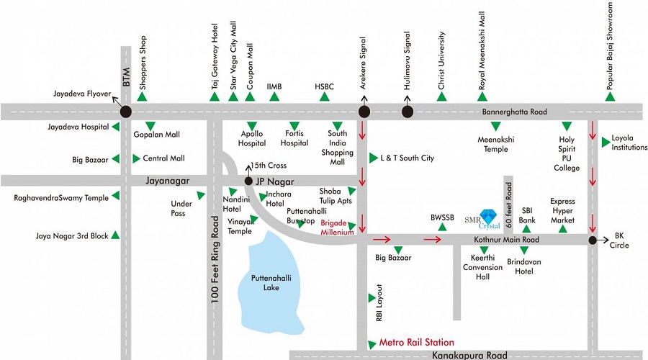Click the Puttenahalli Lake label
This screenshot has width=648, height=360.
(271, 283)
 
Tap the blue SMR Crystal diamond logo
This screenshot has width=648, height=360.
(488, 217)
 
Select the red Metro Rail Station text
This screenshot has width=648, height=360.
(417, 342)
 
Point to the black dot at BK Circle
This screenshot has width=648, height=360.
(593, 240)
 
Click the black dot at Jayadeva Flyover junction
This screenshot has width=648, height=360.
(126, 112)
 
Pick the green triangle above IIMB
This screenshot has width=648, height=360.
(274, 96)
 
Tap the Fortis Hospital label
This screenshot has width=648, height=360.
(294, 138)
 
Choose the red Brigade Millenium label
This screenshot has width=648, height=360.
(337, 228)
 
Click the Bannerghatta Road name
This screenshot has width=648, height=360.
(515, 112)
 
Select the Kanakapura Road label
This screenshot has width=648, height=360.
(469, 355)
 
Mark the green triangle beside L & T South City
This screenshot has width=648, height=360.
(373, 158)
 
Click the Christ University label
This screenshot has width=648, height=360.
(441, 60)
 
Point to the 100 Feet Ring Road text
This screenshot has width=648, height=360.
(215, 260)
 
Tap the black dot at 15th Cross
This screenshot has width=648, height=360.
(248, 181)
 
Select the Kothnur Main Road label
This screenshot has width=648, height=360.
(506, 240)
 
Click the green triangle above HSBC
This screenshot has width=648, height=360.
(325, 96)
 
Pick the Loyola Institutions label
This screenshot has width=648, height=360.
(629, 143)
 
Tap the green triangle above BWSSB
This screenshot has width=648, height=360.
(442, 227)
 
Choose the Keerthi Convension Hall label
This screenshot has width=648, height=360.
(482, 267)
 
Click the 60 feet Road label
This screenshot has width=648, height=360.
(509, 204)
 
